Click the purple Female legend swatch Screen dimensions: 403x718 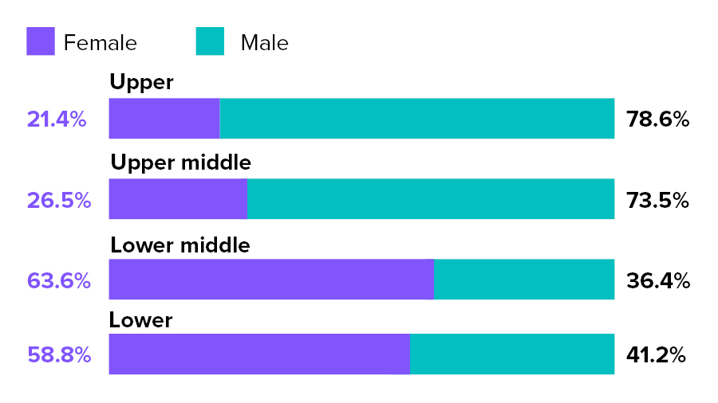point(41,41)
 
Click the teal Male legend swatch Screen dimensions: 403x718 point(210,41)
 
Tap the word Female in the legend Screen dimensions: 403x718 point(101,42)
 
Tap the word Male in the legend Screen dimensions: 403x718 point(265,42)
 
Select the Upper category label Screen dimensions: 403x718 point(141,82)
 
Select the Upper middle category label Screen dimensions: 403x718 point(180,162)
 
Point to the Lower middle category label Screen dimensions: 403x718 point(179,245)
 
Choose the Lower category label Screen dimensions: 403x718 point(140,320)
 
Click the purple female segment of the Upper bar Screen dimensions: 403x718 point(164,119)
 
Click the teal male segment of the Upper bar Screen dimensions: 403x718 point(416,119)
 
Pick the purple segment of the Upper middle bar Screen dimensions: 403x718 point(177,199)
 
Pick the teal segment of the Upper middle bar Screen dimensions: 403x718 point(431,199)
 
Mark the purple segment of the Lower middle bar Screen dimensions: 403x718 point(270,280)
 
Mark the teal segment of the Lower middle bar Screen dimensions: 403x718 point(524,280)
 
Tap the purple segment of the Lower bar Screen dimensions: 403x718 point(258,354)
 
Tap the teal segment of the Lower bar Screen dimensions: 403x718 point(512,354)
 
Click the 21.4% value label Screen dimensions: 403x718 point(57,119)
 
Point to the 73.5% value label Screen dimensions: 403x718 point(657,200)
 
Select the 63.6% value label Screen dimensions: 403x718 point(59,280)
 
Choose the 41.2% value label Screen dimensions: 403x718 point(657,354)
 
